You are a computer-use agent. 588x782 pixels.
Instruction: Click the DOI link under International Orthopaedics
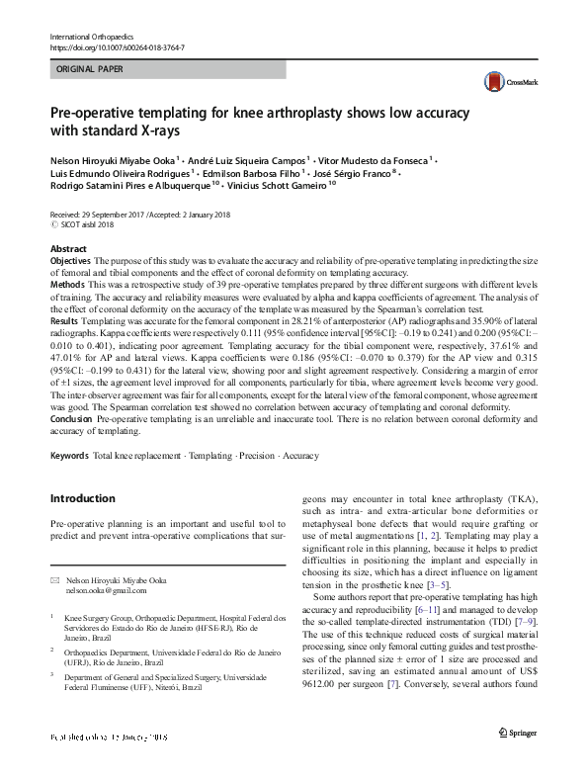tap(117, 47)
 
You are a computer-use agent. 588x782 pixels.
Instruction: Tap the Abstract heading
tap(68, 248)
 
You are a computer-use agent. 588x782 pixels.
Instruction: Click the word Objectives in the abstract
tap(70, 260)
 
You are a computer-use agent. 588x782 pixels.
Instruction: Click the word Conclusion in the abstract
tap(71, 419)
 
